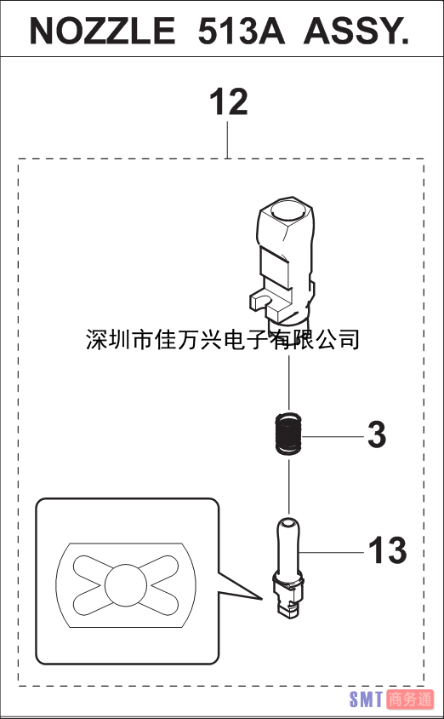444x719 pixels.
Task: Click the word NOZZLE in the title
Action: (103, 31)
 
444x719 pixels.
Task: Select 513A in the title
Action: (242, 31)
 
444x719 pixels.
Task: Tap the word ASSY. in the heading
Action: (356, 31)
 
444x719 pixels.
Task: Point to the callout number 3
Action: (377, 434)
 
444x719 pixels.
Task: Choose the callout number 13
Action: (387, 550)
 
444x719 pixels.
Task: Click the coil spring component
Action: (287, 434)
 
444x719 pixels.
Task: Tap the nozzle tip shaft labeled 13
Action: (288, 567)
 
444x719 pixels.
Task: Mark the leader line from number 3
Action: (334, 435)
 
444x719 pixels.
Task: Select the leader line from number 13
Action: (333, 552)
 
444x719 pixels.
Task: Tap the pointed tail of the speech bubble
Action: (262, 599)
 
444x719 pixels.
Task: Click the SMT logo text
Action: (366, 699)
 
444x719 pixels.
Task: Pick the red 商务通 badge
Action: (410, 699)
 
